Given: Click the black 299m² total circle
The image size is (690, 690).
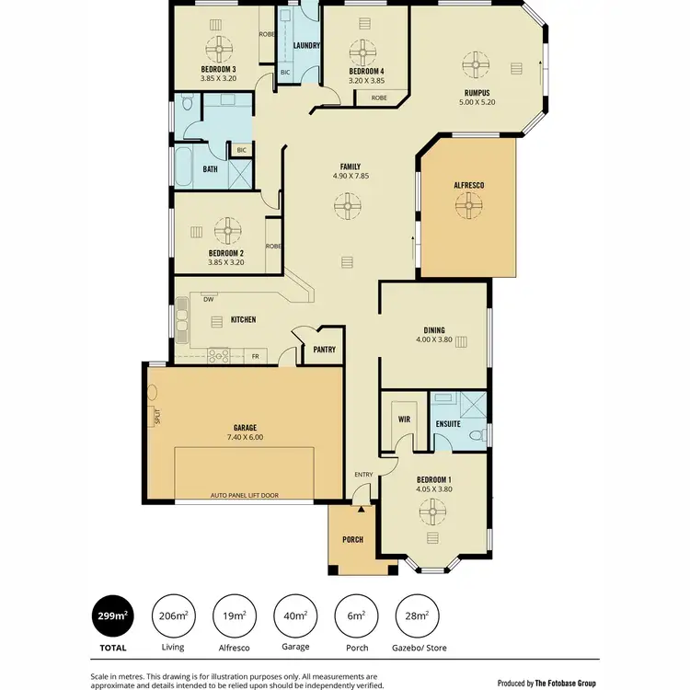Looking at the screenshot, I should point(107,615).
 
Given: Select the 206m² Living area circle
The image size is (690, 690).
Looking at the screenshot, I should point(171,615).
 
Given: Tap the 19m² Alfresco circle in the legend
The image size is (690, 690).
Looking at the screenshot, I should point(234,615).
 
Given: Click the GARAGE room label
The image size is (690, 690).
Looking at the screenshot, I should point(244,427).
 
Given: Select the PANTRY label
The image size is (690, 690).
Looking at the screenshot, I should point(324,350).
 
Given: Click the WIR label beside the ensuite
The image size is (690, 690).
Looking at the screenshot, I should point(402,420).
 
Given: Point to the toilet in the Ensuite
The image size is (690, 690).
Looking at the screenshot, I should point(476,434).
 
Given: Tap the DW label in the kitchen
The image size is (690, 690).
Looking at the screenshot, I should point(208,300).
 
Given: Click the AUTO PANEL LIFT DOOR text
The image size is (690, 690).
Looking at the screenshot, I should point(244,495).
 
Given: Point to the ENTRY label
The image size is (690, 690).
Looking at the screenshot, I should point(363,475).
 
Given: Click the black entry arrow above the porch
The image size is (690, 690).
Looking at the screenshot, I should point(362,507).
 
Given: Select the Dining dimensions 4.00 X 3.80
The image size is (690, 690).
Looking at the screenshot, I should point(434,339).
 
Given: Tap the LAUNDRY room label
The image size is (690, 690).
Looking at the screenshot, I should point(305,45).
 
